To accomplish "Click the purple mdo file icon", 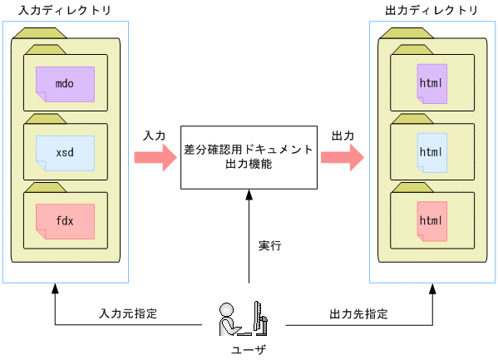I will (x=65, y=84).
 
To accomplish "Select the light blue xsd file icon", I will (x=65, y=153).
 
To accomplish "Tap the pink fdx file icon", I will (x=65, y=221).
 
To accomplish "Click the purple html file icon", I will (x=432, y=84).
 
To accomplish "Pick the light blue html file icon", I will (x=432, y=152).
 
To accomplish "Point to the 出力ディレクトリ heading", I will (x=431, y=10).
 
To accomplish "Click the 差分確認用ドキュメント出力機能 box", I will (x=249, y=157).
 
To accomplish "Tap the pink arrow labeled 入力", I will (x=155, y=157).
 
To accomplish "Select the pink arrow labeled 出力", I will (x=343, y=157).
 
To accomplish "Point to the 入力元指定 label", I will (x=128, y=315).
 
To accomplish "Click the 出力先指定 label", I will (x=358, y=315).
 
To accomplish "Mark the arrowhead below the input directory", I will (x=54, y=289).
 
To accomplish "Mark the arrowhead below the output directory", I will (x=433, y=289).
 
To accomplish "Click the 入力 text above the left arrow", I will (x=155, y=135).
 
